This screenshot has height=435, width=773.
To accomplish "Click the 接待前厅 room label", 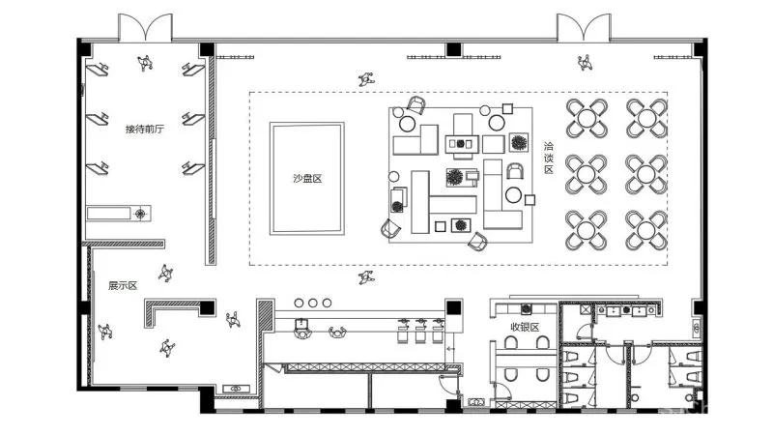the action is pos(144,130).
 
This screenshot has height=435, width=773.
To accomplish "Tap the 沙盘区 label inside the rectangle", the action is pos(307,179).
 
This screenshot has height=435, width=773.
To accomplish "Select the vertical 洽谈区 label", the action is pos(549,158).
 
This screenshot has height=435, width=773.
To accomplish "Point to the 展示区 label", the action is pos(123,285).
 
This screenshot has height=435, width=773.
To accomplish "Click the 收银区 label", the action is pos(525,327).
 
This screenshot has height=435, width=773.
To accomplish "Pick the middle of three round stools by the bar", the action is pos(312,303).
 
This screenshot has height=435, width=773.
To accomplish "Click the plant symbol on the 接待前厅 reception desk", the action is pos(140,214).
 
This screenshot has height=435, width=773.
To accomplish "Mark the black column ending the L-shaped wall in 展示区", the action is pos(208,307).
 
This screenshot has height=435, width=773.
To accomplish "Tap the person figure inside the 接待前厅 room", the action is pos(144,63).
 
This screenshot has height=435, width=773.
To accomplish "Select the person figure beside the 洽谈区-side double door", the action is pos(585,63).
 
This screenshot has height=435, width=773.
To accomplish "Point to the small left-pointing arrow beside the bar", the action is pos(450,349).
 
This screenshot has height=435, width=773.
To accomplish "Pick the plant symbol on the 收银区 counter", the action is pos(527,309).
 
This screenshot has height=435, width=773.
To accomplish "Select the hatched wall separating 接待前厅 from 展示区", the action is pos(124,244).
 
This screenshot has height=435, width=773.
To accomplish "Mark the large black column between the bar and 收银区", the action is pos(454,307).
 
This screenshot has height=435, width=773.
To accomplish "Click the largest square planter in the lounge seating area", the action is pos(519,142).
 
